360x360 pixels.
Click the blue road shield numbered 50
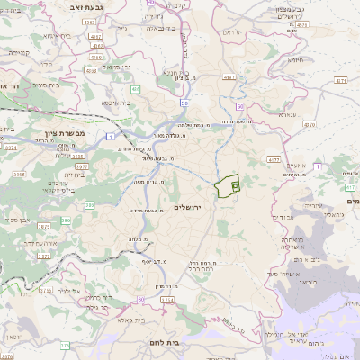[184, 103]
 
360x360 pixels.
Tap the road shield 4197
[231, 77]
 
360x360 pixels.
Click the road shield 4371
[341, 79]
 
